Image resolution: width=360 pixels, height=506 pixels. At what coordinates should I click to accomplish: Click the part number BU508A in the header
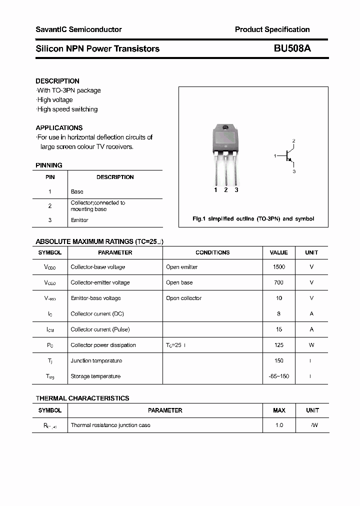click(292, 48)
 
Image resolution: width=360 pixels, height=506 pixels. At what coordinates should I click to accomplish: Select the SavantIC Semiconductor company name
click(78, 29)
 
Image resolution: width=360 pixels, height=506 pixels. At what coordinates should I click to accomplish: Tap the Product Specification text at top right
click(272, 29)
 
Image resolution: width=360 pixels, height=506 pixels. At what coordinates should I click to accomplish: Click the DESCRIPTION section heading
click(57, 81)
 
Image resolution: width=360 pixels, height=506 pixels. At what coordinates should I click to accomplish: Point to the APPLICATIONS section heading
click(59, 127)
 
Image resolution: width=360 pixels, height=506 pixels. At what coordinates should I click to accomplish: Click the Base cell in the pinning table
click(77, 191)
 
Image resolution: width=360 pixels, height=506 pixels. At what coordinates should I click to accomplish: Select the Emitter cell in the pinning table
click(79, 220)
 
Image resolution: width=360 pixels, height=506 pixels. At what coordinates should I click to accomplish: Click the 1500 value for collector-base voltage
click(279, 267)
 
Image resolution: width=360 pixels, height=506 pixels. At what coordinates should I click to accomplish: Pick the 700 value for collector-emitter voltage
click(279, 282)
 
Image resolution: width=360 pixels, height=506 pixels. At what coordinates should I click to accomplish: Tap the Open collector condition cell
click(183, 298)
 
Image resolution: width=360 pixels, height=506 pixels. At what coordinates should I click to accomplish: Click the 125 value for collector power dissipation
click(279, 345)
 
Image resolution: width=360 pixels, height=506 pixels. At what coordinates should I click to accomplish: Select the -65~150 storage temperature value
click(279, 376)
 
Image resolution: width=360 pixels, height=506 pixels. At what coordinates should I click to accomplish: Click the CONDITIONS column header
click(212, 252)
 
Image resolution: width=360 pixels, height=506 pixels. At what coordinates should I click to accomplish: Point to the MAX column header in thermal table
click(279, 410)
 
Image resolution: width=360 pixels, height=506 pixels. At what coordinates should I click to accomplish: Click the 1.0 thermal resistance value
click(279, 425)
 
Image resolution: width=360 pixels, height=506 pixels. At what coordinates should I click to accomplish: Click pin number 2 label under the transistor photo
click(226, 190)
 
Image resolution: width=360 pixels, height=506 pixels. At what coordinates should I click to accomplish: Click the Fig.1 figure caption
click(253, 219)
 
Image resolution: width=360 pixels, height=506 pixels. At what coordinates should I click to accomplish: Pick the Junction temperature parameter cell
click(96, 360)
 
